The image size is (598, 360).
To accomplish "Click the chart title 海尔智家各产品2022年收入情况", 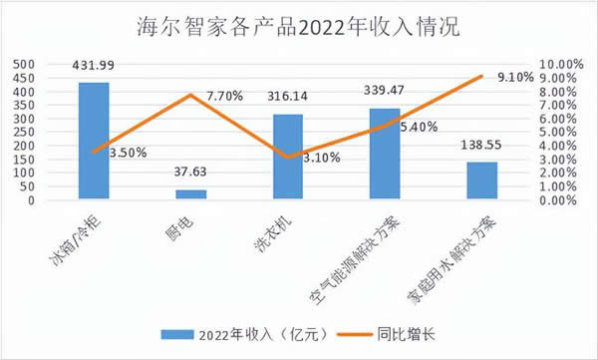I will point(298,27).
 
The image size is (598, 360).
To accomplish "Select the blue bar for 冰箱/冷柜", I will point(94,141).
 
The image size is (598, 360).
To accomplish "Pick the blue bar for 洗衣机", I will point(287,157).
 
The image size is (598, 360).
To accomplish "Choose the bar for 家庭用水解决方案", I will point(481,180).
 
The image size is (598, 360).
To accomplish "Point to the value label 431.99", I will point(94,66).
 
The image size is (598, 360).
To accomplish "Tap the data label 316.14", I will point(287,98).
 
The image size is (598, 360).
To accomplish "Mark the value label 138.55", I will point(481,146).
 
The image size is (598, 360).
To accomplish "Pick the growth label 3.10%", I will point(320,157).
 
